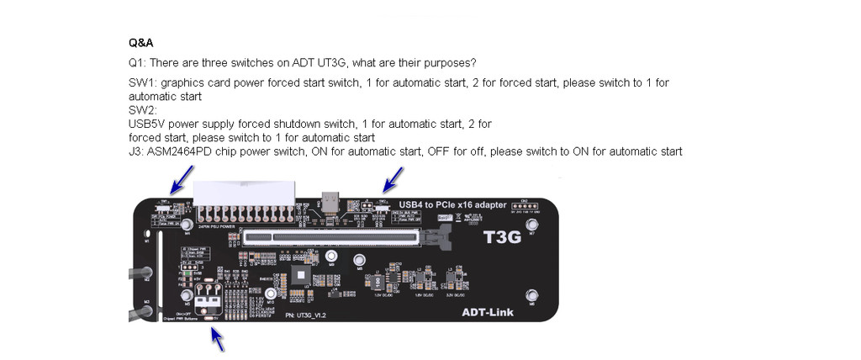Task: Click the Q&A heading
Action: (140, 42)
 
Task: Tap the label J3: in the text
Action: (136, 151)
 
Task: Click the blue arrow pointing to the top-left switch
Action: (180, 179)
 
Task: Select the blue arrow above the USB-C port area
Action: (393, 179)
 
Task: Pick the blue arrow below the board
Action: (218, 338)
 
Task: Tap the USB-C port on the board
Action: (333, 204)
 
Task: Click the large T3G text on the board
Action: (502, 237)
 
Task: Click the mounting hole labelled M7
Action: (531, 224)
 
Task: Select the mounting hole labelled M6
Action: (531, 295)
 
